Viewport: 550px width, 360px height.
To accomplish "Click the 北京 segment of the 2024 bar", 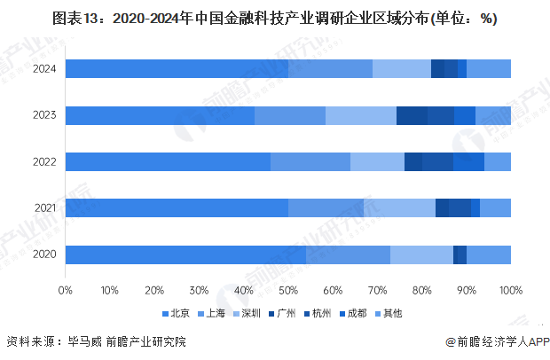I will (x=177, y=69).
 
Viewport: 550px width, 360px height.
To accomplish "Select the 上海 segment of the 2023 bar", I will (x=290, y=115).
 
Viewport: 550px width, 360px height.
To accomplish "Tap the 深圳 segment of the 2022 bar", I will (x=377, y=161).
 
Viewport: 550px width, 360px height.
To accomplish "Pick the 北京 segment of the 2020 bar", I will (x=185, y=254).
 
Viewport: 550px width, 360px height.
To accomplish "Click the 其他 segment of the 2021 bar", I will (x=495, y=207).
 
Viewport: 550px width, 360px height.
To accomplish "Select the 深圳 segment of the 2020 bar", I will (x=421, y=254).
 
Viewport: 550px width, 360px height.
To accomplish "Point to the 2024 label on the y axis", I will (x=44, y=69).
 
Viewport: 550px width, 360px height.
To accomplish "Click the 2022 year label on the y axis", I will (x=44, y=161).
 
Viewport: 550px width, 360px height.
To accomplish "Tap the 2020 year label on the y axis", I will (x=44, y=254).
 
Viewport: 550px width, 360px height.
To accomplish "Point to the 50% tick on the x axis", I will (x=288, y=290).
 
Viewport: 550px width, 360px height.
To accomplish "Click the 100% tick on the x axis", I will (x=510, y=290).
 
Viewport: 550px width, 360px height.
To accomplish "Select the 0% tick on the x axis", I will (x=66, y=290).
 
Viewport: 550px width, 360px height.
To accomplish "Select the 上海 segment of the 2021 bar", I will (x=326, y=207).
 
